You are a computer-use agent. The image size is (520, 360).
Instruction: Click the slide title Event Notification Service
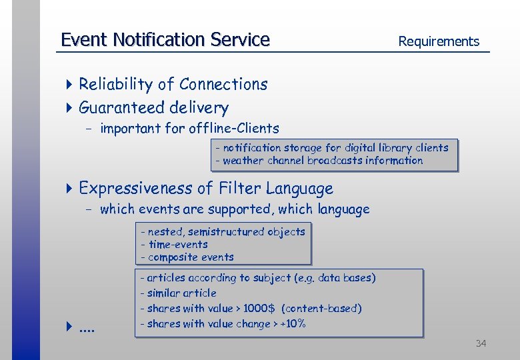pyautogui.click(x=165, y=40)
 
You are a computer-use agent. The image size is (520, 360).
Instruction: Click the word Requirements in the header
pyautogui.click(x=438, y=41)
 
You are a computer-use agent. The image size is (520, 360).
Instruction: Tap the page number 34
pyautogui.click(x=481, y=343)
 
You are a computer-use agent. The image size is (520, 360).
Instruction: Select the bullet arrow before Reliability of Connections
pyautogui.click(x=70, y=85)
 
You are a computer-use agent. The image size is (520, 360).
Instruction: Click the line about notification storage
pyautogui.click(x=331, y=148)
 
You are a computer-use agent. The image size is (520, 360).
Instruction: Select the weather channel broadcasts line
pyautogui.click(x=319, y=161)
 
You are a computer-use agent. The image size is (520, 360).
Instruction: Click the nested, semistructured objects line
pyautogui.click(x=223, y=232)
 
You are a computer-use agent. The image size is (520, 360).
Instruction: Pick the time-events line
pyautogui.click(x=174, y=245)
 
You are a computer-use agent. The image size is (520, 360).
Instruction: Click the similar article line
pyautogui.click(x=178, y=293)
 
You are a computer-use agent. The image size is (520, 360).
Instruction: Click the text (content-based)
pyautogui.click(x=321, y=309)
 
